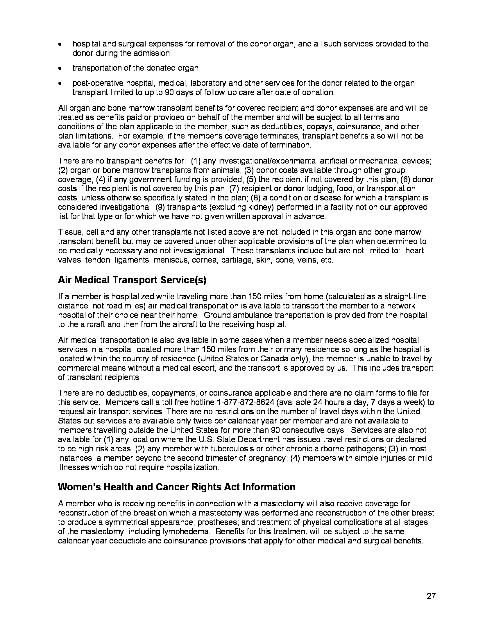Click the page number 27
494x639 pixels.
(431, 596)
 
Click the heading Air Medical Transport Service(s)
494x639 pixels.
(132, 280)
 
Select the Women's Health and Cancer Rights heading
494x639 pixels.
(176, 487)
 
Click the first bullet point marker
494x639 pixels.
(60, 44)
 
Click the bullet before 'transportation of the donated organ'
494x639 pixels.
(60, 69)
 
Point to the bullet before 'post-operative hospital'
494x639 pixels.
(60, 84)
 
